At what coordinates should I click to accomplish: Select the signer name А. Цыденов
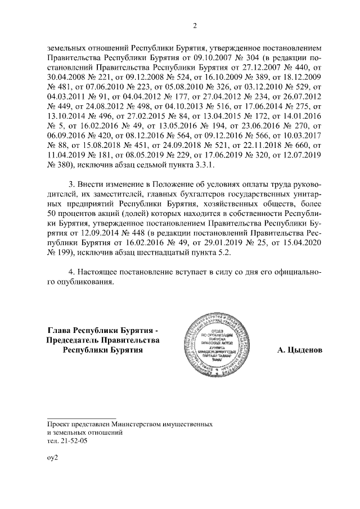(300, 350)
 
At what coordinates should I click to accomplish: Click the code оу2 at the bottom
(52, 458)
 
